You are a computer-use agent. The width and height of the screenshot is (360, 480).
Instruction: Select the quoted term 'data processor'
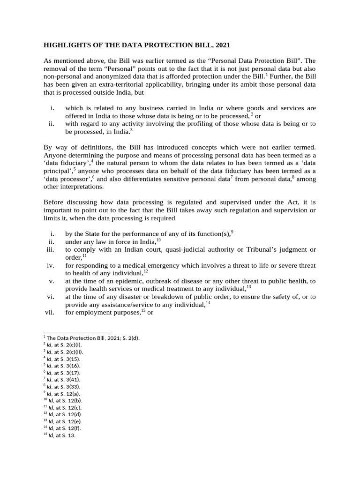[x=65, y=178]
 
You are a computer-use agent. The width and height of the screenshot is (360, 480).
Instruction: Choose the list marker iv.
[x=51, y=265]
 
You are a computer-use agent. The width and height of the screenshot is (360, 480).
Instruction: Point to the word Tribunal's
[x=263, y=248]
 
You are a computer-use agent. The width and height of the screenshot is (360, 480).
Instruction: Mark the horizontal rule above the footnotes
[x=78, y=331]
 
